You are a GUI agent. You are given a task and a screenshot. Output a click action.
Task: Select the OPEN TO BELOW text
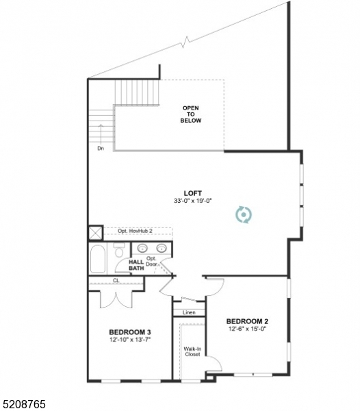(x=190, y=114)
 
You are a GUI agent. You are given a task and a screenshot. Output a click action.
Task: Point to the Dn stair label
(x=100, y=148)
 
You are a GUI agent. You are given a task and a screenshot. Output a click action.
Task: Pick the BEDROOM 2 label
(x=246, y=321)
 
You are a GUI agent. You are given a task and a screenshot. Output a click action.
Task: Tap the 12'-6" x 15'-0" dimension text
(x=246, y=329)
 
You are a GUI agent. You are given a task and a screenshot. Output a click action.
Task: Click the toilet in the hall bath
(x=120, y=251)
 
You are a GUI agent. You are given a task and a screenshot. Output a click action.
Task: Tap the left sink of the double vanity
(x=143, y=249)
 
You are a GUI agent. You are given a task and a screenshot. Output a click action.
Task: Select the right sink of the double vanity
(x=162, y=249)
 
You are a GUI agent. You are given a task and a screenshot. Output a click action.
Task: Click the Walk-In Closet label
(x=192, y=351)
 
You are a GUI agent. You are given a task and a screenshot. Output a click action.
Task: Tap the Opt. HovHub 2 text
(x=135, y=232)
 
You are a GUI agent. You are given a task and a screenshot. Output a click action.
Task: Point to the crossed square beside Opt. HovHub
(x=95, y=232)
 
